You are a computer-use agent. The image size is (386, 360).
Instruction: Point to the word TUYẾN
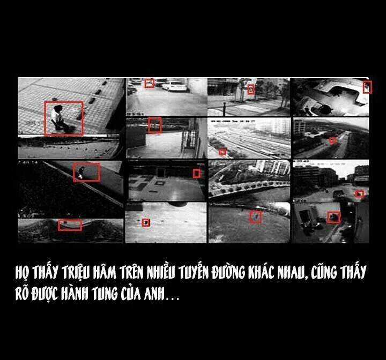pos(193,272)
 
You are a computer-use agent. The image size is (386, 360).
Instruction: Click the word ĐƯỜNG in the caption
pos(228,272)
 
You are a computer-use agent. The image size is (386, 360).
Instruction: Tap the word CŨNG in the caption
pos(324,272)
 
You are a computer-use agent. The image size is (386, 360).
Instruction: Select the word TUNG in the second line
pos(104,294)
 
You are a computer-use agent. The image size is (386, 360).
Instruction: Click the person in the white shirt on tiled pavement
pos(58,118)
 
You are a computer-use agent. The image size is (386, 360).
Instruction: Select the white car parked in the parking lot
pos(174,86)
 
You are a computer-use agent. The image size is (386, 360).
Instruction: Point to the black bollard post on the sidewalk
pos(225,109)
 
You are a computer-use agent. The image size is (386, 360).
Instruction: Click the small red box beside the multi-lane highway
pos(222,152)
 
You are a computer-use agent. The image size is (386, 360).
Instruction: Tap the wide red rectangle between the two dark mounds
pos(70,226)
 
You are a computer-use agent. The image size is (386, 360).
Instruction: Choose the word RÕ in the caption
pos(22,294)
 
